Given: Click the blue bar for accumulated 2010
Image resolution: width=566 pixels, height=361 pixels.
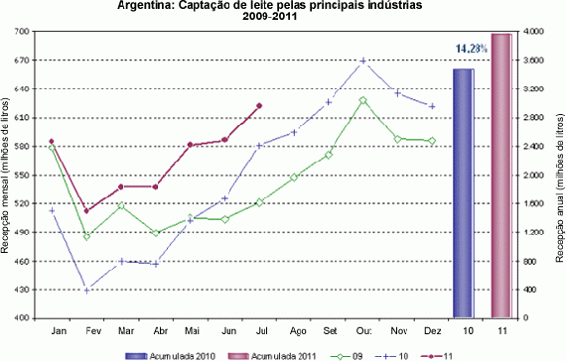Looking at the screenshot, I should click(x=464, y=192).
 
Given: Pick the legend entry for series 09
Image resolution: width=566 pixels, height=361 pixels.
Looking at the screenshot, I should click(x=354, y=354).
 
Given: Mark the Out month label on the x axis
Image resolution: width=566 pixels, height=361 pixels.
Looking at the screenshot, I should click(x=363, y=330).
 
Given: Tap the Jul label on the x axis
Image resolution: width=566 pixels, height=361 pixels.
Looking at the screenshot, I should click(x=259, y=330).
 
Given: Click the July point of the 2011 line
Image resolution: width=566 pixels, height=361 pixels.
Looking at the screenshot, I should click(x=259, y=106).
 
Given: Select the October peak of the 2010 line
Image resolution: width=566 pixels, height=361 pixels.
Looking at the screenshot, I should click(x=363, y=61).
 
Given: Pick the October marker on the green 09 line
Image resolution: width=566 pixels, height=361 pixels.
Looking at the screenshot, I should click(x=363, y=100).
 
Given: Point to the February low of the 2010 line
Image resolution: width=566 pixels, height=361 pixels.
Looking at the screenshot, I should click(x=86, y=290).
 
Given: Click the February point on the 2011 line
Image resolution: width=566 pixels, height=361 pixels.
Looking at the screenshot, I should click(x=86, y=211).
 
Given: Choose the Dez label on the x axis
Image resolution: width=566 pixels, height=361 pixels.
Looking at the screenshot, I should click(x=432, y=330).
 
